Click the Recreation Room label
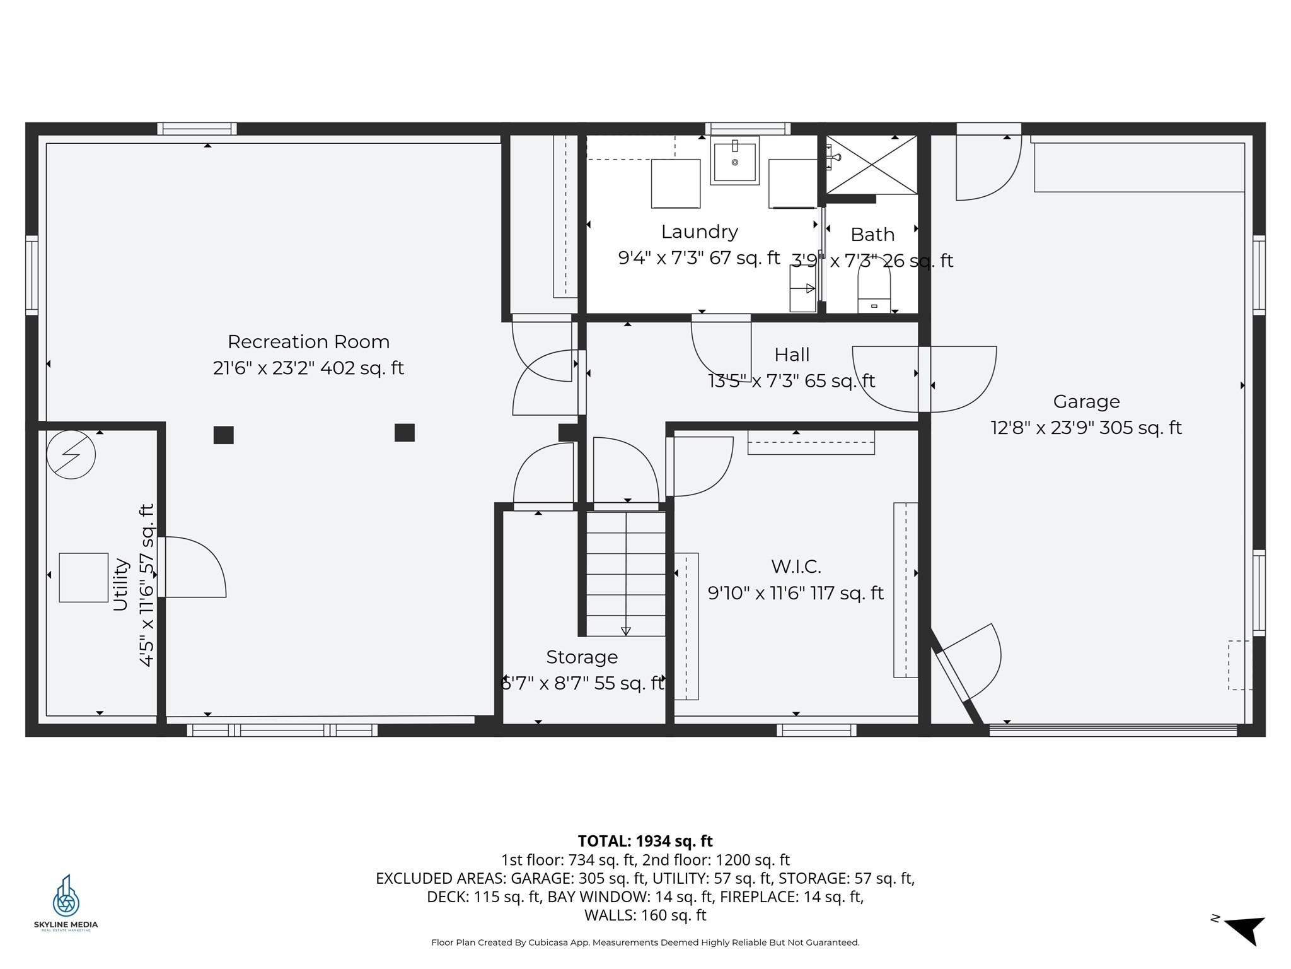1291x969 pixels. pyautogui.click(x=308, y=342)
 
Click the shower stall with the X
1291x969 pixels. pyautogui.click(x=872, y=165)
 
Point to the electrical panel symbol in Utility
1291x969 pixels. pyautogui.click(x=71, y=454)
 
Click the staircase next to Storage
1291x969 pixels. pyautogui.click(x=625, y=573)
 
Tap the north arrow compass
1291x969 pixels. pyautogui.click(x=1244, y=929)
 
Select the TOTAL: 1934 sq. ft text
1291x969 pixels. pyautogui.click(x=645, y=841)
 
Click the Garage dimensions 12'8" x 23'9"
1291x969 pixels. pyautogui.click(x=1085, y=428)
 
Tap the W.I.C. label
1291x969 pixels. pyautogui.click(x=796, y=567)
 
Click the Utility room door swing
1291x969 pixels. pyautogui.click(x=192, y=567)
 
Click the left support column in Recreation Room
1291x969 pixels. pyautogui.click(x=223, y=435)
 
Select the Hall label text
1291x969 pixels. pyautogui.click(x=791, y=355)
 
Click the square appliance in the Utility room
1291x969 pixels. pyautogui.click(x=83, y=577)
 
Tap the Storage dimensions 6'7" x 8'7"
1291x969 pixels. pyautogui.click(x=581, y=683)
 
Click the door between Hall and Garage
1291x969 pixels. pyautogui.click(x=924, y=379)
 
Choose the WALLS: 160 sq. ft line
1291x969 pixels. pyautogui.click(x=645, y=915)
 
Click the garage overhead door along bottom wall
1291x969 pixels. pyautogui.click(x=1113, y=730)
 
